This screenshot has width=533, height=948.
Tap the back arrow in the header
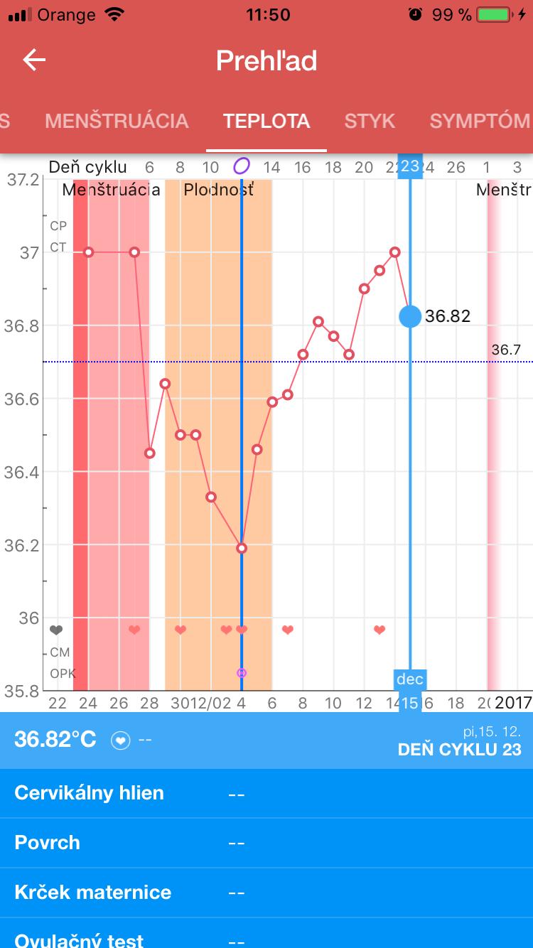coord(34,60)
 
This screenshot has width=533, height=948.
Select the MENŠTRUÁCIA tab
coord(117,121)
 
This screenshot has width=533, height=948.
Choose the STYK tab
coord(370,121)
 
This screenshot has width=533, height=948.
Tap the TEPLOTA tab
coord(266,121)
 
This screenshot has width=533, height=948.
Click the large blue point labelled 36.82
coord(410,316)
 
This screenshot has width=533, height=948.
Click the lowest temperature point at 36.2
coord(242,548)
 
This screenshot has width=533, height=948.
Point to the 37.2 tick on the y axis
coord(23,179)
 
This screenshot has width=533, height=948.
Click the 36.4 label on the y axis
coord(23,472)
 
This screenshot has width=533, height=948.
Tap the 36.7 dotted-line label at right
coord(506,350)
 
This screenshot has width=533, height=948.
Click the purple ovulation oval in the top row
coord(242,167)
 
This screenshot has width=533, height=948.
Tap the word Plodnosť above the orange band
coord(218,190)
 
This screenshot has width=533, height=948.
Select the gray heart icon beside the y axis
coord(56,630)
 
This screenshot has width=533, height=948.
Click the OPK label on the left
coord(63,673)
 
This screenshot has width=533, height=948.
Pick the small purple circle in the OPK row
coord(242,672)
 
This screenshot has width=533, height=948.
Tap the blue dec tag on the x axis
coord(410,679)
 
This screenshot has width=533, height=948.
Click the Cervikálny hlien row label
coord(89,793)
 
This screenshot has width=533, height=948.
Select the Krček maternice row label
coord(92,893)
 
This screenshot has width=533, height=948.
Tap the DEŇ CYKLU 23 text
coord(459,749)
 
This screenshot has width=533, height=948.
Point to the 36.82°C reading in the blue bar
coord(55,739)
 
